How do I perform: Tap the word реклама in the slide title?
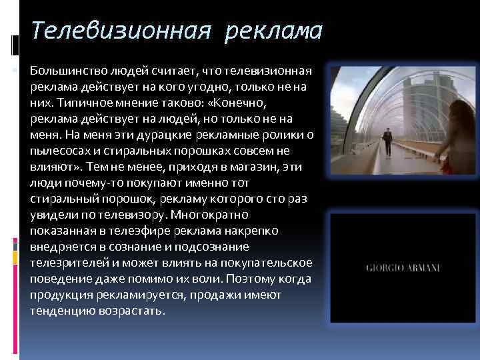[273, 31]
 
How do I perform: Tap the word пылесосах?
[58, 151]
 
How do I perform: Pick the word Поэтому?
[253, 279]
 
